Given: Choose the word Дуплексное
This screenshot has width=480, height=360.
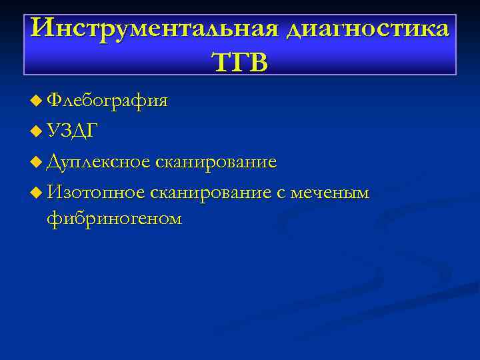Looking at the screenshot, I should pos(99,162).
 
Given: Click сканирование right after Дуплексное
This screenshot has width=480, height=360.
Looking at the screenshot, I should pos(216,162).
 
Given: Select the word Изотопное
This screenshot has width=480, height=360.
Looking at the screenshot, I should pos(96,193).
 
